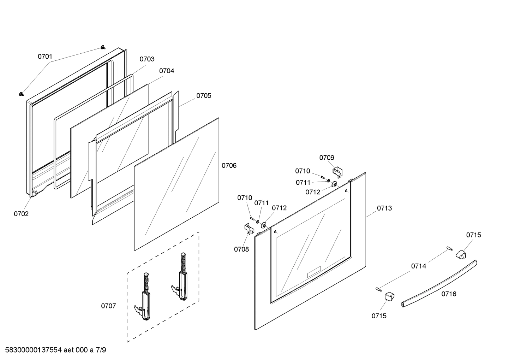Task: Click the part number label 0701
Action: pyautogui.click(x=45, y=57)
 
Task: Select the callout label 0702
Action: pyautogui.click(x=21, y=214)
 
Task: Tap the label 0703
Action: pyautogui.click(x=147, y=59)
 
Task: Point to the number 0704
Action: pyautogui.click(x=167, y=71)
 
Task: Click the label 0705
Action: pyautogui.click(x=204, y=96)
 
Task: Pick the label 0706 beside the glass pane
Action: pyautogui.click(x=229, y=165)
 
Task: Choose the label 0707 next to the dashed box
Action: pyautogui.click(x=108, y=306)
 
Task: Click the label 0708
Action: pyautogui.click(x=241, y=249)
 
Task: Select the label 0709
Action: pyautogui.click(x=327, y=158)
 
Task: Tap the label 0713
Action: pyautogui.click(x=384, y=208)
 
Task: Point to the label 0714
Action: pyautogui.click(x=418, y=266)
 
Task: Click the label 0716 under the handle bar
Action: pyautogui.click(x=449, y=294)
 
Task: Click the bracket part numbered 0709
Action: pyautogui.click(x=337, y=172)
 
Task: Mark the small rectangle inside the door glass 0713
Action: pyautogui.click(x=314, y=272)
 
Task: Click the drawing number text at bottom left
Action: pyautogui.click(x=55, y=350)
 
